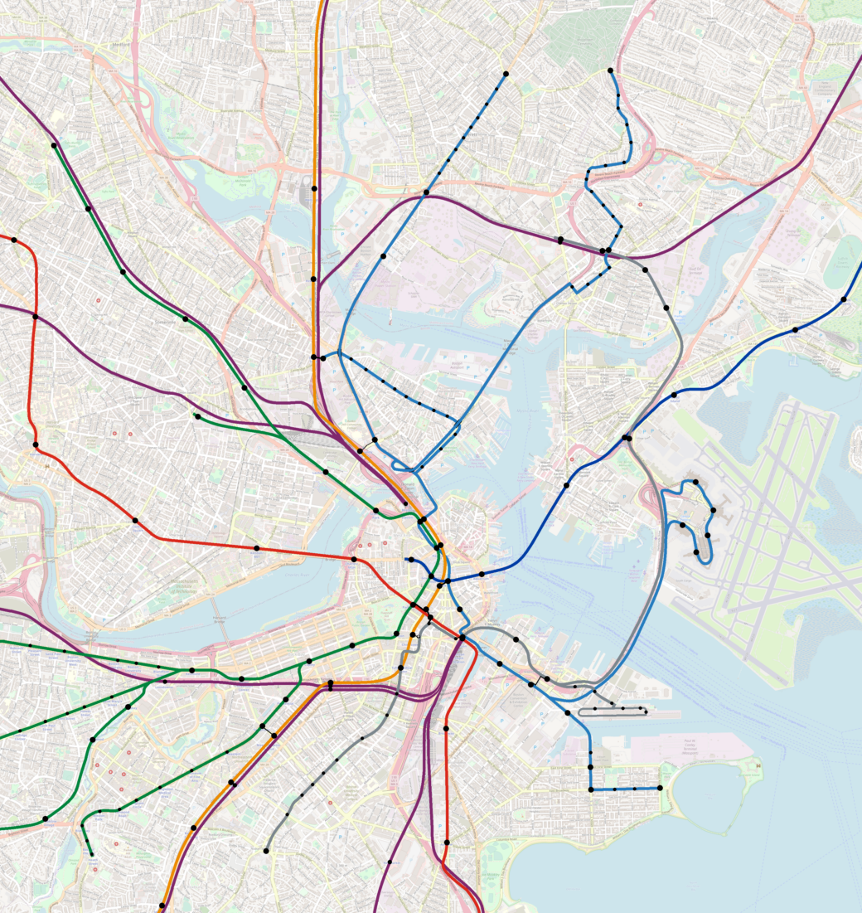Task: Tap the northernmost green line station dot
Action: click(54, 146)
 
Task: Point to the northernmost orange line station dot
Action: click(313, 190)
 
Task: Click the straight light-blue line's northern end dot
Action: click(504, 75)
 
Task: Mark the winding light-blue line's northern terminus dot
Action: click(611, 70)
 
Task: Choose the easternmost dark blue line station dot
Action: click(844, 299)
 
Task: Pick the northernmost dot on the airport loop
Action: click(695, 482)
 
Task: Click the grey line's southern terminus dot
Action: click(266, 851)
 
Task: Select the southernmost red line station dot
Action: click(446, 843)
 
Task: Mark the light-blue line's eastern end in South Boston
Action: click(660, 788)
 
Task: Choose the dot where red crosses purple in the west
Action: click(35, 317)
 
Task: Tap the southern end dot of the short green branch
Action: click(91, 854)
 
